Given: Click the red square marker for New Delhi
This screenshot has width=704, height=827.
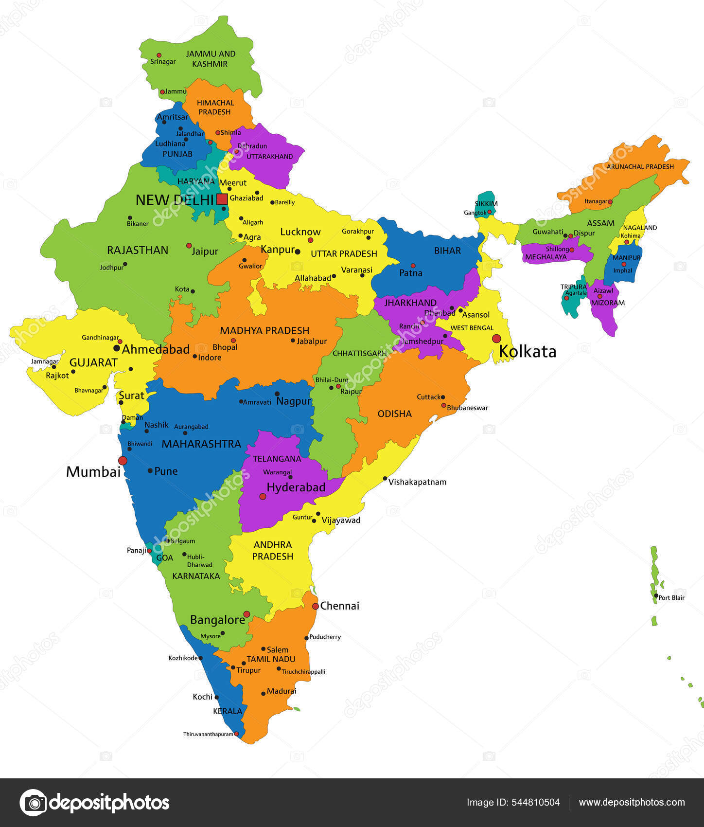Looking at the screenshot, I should [x=222, y=199].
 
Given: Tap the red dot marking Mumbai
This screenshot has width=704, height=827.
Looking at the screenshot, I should [x=123, y=460].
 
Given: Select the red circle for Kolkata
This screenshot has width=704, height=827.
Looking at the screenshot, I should [x=496, y=338].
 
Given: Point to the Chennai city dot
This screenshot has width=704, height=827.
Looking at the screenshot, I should [x=316, y=606].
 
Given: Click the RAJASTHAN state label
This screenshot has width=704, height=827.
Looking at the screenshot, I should [x=138, y=250].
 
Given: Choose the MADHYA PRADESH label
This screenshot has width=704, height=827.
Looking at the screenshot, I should [x=264, y=331].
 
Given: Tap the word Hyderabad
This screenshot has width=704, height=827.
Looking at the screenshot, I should [x=296, y=487].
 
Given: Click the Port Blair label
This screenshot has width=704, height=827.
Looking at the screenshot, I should [x=671, y=598].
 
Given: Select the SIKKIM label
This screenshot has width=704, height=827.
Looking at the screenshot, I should [x=486, y=204].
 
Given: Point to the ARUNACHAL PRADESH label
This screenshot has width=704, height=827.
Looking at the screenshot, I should [x=640, y=167].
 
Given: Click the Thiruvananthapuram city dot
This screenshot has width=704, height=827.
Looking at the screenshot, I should [x=236, y=734].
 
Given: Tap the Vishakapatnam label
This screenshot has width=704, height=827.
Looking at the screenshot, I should [x=417, y=482].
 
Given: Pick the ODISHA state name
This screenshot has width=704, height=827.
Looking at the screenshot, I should [x=395, y=414].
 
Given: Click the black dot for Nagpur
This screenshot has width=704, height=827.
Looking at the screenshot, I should [x=277, y=394].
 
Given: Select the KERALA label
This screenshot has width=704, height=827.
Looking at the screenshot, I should [x=228, y=711].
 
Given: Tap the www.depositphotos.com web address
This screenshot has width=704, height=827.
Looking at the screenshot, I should [x=632, y=803].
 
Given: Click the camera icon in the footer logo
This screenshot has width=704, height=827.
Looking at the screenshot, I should [x=33, y=803].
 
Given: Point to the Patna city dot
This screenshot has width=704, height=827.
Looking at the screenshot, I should [x=413, y=266].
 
